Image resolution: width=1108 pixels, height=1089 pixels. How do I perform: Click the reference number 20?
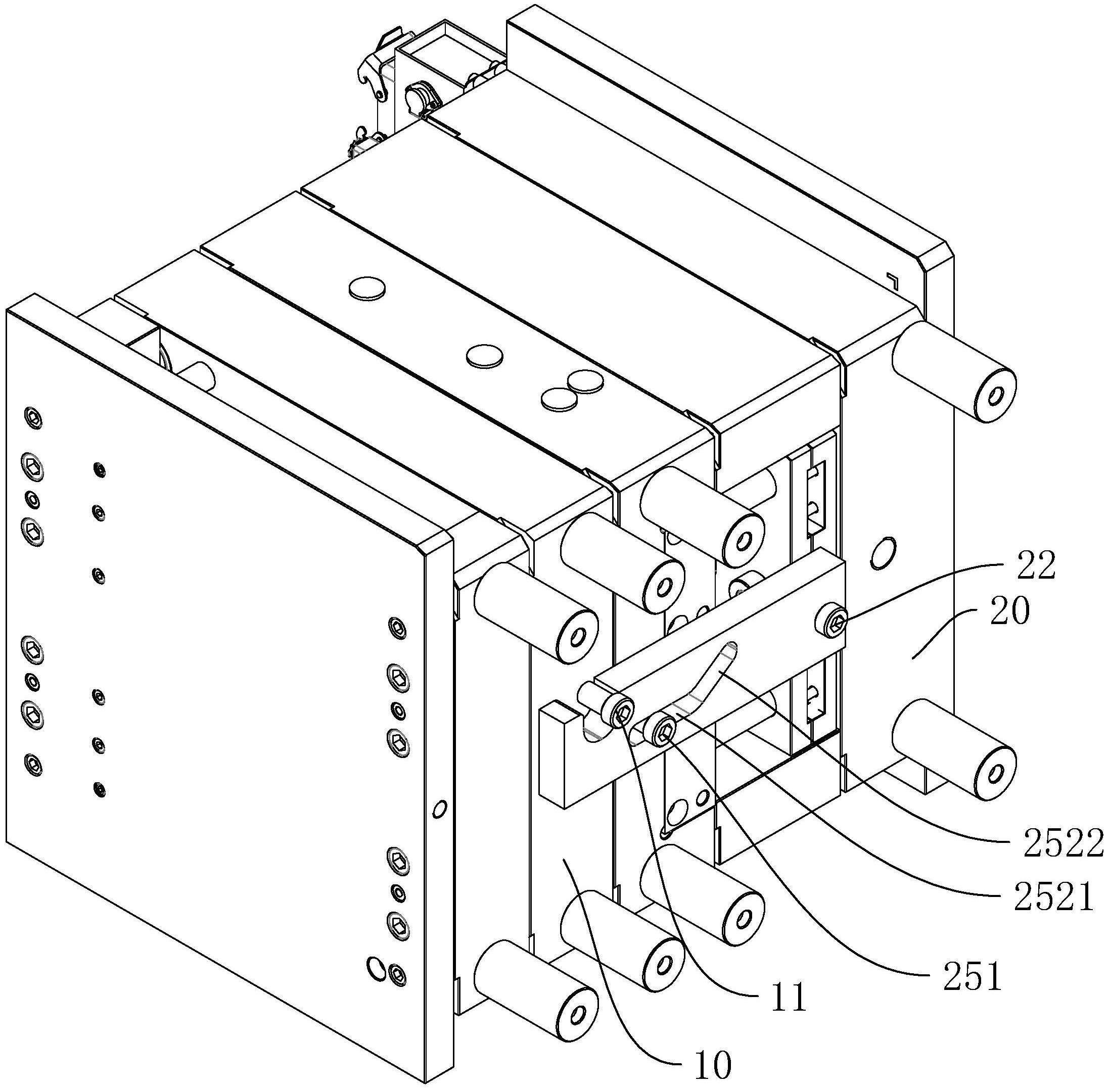pyautogui.click(x=1005, y=611)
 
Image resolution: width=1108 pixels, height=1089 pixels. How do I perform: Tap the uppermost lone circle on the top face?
pyautogui.click(x=366, y=288)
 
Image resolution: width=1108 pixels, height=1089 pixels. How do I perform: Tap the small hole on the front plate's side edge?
pyautogui.click(x=439, y=810)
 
